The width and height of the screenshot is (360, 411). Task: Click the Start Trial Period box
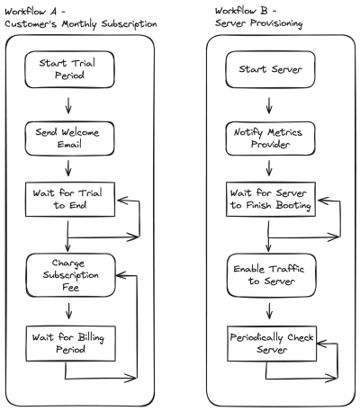[x=69, y=69]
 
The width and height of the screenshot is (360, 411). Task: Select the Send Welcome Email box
[x=69, y=138]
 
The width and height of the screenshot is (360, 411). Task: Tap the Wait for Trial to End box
[x=70, y=199]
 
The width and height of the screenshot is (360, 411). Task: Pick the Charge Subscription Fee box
[x=70, y=275]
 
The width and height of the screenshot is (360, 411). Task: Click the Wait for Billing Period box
[x=70, y=344]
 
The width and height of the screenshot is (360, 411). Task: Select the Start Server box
[x=270, y=69]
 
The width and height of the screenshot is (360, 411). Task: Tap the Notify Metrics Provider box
[x=270, y=138]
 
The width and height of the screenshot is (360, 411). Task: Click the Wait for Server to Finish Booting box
[x=271, y=199]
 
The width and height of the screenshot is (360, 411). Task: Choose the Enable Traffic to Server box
[x=271, y=275]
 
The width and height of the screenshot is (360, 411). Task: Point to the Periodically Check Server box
[x=272, y=344]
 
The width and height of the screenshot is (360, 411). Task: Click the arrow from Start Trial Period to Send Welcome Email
[x=68, y=105]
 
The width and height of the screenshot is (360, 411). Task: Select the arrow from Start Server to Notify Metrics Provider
[x=269, y=105]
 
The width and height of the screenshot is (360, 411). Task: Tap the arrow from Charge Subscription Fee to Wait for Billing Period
[x=69, y=311]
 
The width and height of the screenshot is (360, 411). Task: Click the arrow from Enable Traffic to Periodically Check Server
[x=269, y=311]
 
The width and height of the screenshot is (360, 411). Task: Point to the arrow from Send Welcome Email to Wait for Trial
[x=68, y=168]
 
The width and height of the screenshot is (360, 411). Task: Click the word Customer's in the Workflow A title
[x=31, y=23]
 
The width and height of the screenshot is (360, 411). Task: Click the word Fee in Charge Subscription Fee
[x=71, y=287]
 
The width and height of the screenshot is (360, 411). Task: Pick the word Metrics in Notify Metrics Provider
[x=284, y=132]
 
